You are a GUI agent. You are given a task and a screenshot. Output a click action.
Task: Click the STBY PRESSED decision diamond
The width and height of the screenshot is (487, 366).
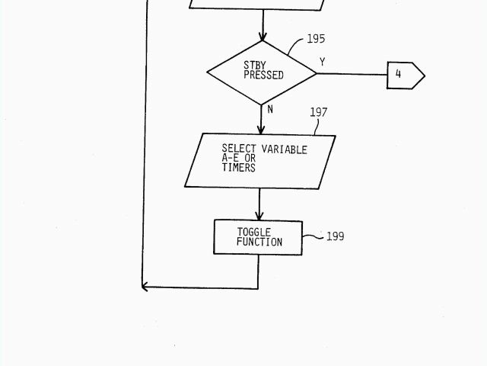coord(262,72)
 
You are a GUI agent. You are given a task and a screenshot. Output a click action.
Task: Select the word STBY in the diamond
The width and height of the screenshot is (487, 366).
coord(255,66)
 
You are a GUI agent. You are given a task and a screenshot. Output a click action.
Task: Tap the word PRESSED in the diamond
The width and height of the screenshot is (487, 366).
coord(263,75)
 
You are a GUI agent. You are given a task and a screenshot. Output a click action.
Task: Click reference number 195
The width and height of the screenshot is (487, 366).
coord(316,39)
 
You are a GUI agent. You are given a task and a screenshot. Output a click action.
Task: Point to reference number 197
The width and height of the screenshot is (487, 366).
coord(319,112)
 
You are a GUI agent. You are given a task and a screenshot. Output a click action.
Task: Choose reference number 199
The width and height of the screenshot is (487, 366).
coord(335,236)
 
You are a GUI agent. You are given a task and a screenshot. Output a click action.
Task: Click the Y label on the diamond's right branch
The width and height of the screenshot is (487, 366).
coord(323,62)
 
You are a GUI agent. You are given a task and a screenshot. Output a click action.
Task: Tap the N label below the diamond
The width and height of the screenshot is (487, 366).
coord(270,109)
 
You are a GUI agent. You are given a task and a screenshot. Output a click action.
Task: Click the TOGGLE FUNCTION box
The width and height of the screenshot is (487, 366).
coord(258,237)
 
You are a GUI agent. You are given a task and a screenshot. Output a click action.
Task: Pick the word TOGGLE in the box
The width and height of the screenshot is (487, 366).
coord(253,232)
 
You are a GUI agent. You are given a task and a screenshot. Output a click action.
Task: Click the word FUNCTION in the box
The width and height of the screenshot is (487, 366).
coord(259,242)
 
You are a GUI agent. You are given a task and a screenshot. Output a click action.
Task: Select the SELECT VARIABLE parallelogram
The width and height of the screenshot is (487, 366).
coord(259,161)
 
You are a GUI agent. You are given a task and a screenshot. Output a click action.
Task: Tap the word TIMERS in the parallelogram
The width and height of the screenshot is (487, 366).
coord(239,168)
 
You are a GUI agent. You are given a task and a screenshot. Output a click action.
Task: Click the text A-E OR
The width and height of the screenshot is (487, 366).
coord(239,159)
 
